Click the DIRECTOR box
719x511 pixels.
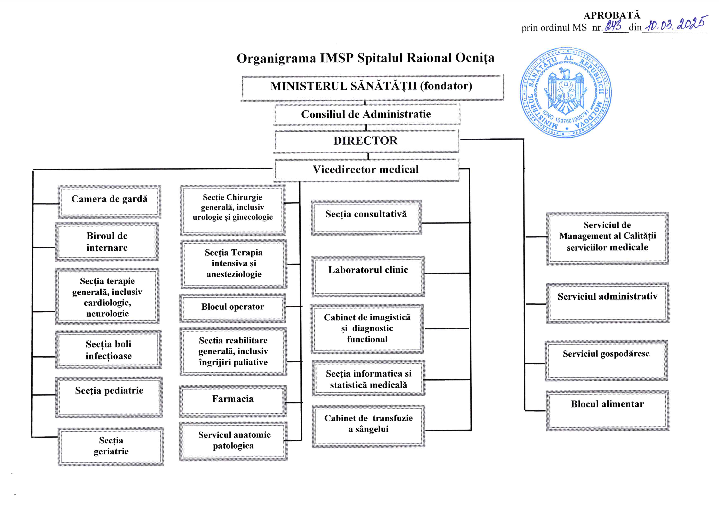pyautogui.click(x=366, y=141)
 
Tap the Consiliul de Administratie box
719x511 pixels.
pyautogui.click(x=366, y=114)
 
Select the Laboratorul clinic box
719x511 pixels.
pyautogui.click(x=368, y=276)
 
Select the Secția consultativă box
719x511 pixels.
pyautogui.click(x=366, y=217)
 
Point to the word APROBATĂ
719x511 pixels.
pyautogui.click(x=612, y=15)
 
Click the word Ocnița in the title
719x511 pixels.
pyautogui.click(x=474, y=58)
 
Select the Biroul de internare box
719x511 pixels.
pyautogui.click(x=107, y=242)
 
